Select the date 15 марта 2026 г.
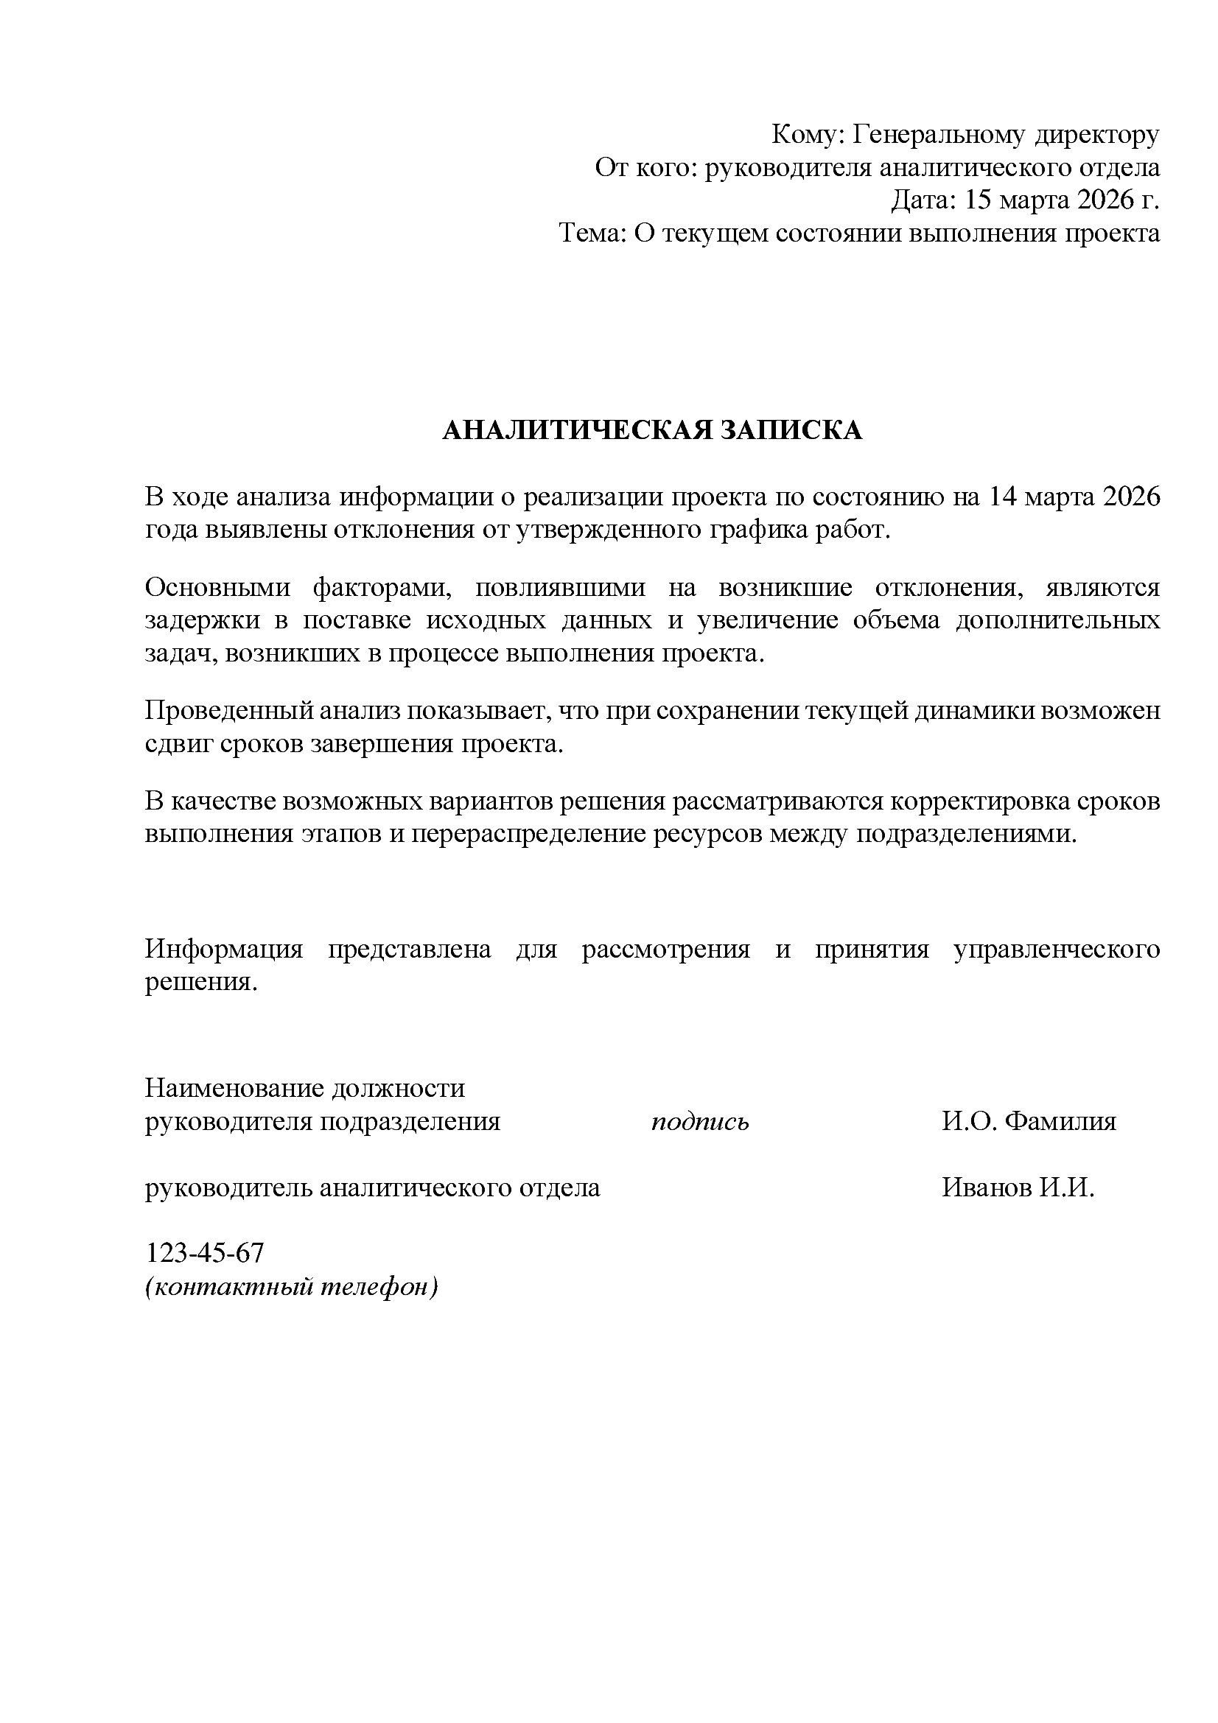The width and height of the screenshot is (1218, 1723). pyautogui.click(x=1062, y=200)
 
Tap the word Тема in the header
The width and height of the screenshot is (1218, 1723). pyautogui.click(x=591, y=234)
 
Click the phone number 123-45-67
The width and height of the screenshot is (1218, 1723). pyautogui.click(x=204, y=1252)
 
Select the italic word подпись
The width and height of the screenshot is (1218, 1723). pyautogui.click(x=699, y=1122)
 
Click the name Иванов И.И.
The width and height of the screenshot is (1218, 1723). pyautogui.click(x=1018, y=1187)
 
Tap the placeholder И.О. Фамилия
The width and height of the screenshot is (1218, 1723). pyautogui.click(x=1029, y=1122)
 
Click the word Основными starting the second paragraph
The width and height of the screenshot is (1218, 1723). pyautogui.click(x=217, y=588)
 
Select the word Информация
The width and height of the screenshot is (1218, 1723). pyautogui.click(x=224, y=950)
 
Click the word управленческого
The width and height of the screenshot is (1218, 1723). pyautogui.click(x=1056, y=950)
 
